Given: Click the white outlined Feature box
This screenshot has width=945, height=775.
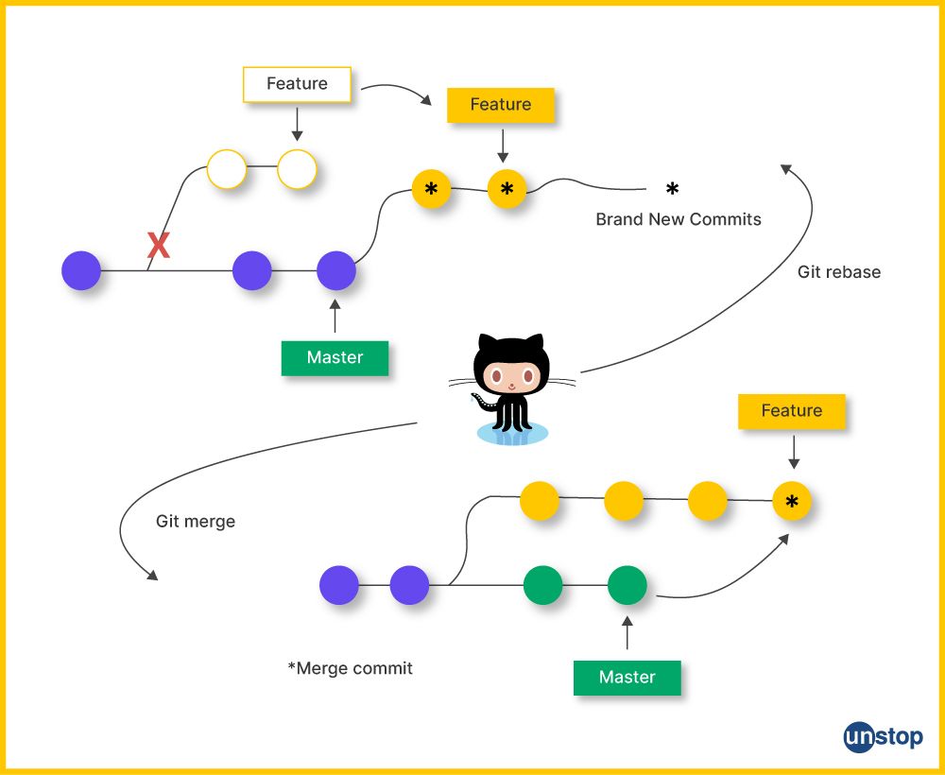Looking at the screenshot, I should click(297, 84).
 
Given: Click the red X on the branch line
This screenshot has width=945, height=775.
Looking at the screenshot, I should click(159, 247).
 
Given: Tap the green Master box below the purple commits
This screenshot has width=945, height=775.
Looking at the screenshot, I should click(335, 358).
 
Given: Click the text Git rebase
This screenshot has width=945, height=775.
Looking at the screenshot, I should click(838, 272).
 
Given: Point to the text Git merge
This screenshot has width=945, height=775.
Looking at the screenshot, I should click(196, 521).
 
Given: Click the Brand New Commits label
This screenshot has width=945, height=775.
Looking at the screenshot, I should click(678, 219).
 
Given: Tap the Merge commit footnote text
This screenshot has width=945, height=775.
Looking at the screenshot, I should click(351, 668).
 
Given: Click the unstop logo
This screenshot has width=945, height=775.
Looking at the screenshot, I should click(883, 737).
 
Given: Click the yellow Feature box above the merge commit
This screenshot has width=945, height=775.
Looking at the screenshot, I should click(791, 411).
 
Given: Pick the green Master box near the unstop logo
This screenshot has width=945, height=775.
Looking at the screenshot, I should click(627, 677).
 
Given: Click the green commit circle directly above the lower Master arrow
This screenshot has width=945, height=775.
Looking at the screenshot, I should click(627, 585).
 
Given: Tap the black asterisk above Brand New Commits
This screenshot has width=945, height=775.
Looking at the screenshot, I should click(672, 189).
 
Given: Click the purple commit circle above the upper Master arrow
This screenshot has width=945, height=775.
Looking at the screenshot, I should click(335, 270).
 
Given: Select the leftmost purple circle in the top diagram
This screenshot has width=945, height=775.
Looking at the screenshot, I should click(81, 270).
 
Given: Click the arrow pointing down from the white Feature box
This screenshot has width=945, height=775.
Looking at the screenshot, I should click(297, 124).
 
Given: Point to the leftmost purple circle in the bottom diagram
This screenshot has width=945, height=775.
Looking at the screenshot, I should click(339, 585).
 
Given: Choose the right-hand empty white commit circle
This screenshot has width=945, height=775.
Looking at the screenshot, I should click(297, 170).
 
